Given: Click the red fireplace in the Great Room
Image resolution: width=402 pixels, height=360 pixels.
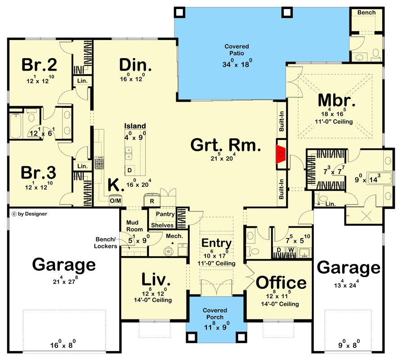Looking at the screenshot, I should [281, 154].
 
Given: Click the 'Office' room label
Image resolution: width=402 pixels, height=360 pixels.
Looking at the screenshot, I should [281, 283].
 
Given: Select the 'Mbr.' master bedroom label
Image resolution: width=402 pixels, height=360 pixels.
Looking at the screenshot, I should [337, 100].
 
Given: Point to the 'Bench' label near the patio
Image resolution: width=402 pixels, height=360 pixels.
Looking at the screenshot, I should [366, 13].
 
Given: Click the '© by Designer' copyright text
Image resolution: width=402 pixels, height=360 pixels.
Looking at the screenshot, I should [30, 214].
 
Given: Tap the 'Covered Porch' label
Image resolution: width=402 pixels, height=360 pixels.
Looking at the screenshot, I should [214, 314].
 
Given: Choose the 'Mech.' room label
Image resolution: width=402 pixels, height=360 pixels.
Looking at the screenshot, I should [174, 236].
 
